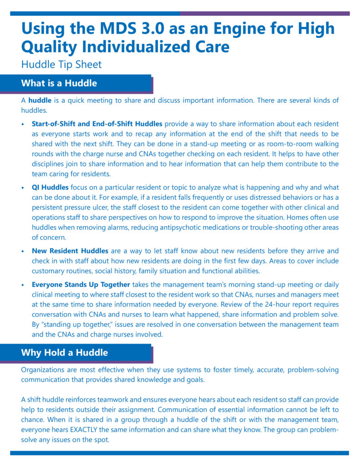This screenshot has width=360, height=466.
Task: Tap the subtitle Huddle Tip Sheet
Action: pyautogui.click(x=61, y=64)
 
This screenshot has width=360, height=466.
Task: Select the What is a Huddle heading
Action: pyautogui.click(x=59, y=83)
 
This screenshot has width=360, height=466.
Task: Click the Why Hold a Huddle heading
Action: pyautogui.click(x=65, y=353)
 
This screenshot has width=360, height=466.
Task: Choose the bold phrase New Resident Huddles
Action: pyautogui.click(x=70, y=251)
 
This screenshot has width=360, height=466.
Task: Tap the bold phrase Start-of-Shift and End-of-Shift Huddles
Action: pyautogui.click(x=97, y=124)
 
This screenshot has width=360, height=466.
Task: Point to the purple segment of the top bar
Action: pyautogui.click(x=264, y=14)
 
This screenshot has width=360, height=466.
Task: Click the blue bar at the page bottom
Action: pyautogui.click(x=180, y=453)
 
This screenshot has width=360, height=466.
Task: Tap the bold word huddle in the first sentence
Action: pyautogui.click(x=40, y=100)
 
